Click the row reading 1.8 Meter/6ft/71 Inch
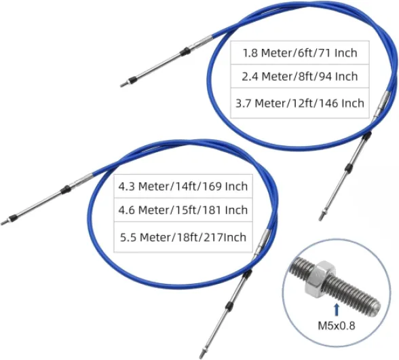[300, 53]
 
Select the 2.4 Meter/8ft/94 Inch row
[300, 76]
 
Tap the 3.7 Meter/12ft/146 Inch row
[300, 103]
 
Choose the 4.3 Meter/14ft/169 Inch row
[183, 186]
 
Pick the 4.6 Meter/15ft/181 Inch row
[183, 210]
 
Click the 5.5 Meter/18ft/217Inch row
[183, 237]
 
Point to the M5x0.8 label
[337, 325]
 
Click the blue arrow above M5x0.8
[337, 309]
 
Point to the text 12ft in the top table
[303, 103]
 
